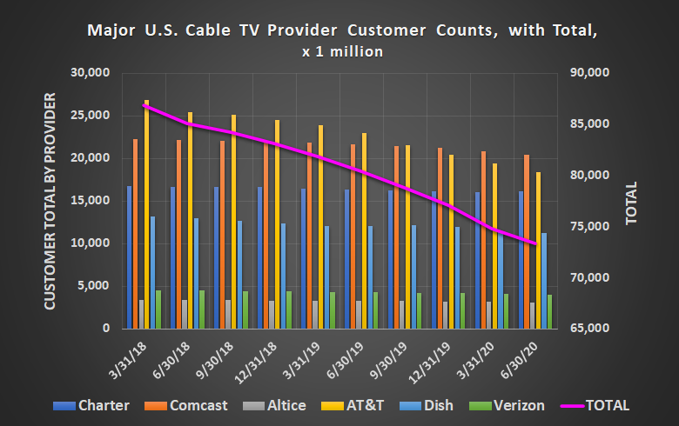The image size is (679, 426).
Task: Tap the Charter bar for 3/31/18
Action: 130,257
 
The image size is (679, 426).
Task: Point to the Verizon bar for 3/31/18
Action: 158,310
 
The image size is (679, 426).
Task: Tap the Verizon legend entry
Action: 509,405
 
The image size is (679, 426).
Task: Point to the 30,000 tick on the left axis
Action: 91,73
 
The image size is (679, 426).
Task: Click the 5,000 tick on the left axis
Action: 94,286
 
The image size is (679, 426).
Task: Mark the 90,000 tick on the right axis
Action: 590,73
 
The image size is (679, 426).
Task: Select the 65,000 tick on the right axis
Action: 590,329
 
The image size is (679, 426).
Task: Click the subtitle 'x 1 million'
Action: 342,51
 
